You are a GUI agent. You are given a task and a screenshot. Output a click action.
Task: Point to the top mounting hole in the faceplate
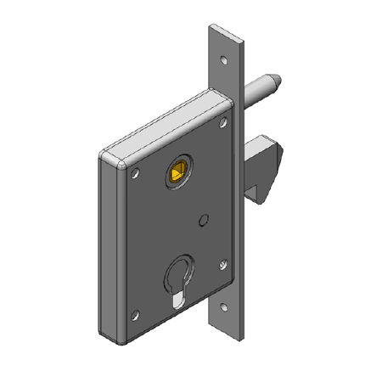point(224,61)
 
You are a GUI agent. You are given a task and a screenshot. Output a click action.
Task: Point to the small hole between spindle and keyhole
point(202,222)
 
